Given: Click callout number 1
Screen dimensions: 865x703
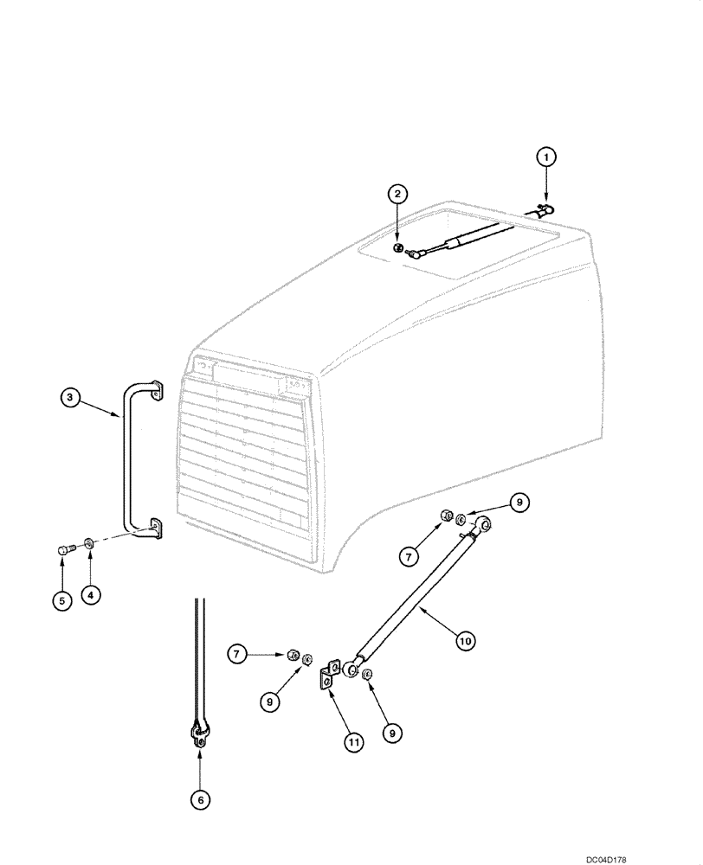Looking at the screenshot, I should point(545,157).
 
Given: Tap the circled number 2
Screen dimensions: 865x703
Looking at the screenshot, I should point(397,194).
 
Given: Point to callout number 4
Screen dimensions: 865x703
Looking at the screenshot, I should point(91,595).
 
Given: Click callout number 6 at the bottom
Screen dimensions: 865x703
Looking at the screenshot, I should point(200,800).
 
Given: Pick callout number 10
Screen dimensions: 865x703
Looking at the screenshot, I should point(465,641).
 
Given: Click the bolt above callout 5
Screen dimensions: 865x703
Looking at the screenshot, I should point(63,548).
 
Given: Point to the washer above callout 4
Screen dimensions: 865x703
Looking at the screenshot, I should point(90,545).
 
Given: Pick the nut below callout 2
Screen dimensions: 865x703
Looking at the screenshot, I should point(396,248).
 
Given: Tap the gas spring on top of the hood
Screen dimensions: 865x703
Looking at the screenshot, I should point(459,240).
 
